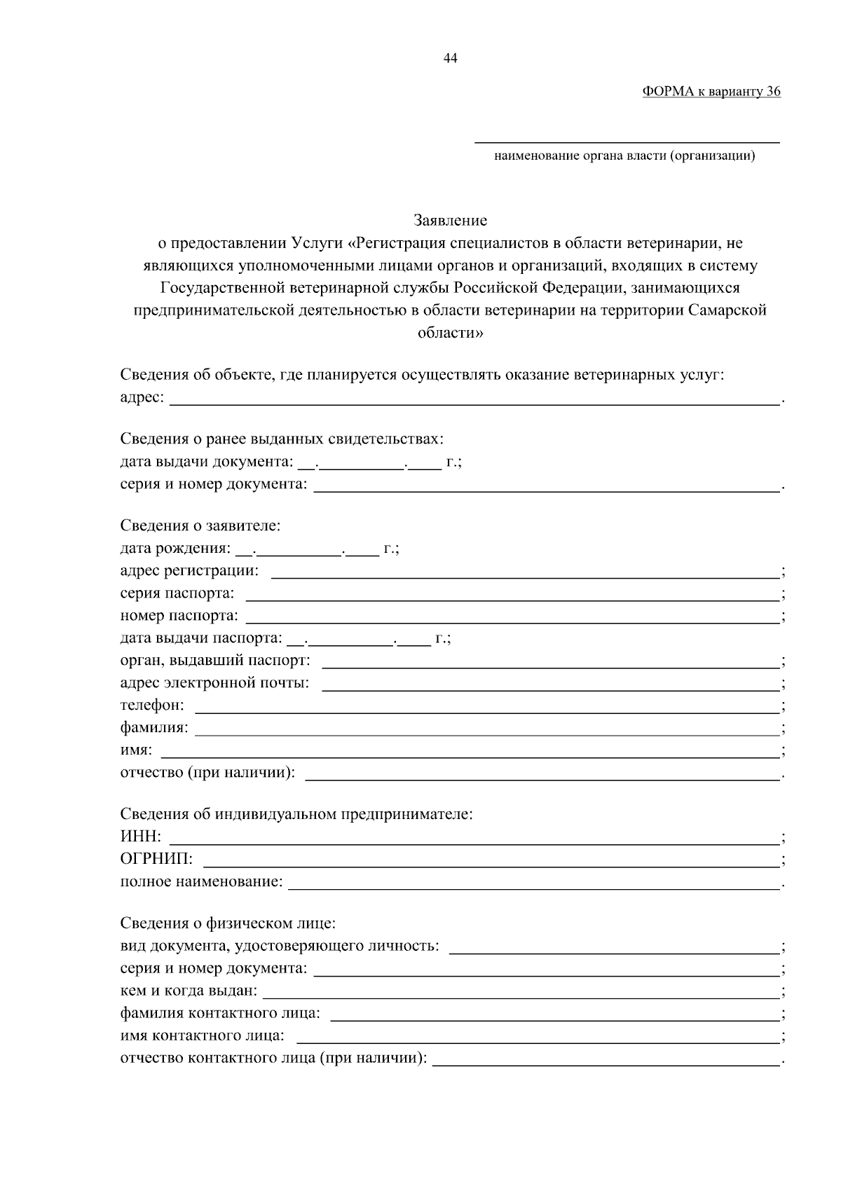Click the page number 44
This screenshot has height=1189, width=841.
(451, 59)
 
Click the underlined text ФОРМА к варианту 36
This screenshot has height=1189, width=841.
(711, 92)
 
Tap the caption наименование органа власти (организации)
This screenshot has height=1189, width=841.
(624, 156)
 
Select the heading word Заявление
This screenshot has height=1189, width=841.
(451, 221)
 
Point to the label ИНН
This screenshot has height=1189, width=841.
(140, 837)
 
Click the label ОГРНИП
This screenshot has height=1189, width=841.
(156, 859)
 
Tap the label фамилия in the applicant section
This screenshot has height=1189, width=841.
(154, 727)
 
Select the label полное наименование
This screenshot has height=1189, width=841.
(201, 881)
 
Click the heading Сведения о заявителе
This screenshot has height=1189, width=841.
(200, 525)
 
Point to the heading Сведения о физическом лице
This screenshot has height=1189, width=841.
(228, 923)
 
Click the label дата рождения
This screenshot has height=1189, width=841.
(175, 548)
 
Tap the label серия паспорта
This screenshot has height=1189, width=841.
(177, 593)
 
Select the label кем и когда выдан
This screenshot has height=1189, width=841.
(189, 991)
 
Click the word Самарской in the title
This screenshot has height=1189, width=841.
(728, 310)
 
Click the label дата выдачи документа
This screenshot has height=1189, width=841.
(206, 462)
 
